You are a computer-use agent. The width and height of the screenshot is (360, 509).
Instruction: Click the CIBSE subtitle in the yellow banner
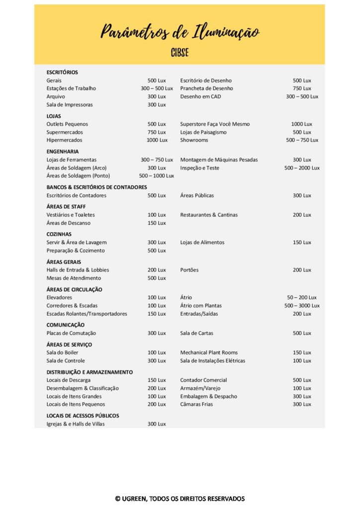coord(180,53)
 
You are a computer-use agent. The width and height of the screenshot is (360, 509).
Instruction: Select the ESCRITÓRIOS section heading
coord(62,73)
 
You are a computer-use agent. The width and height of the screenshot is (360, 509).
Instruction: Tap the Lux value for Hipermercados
coord(157,140)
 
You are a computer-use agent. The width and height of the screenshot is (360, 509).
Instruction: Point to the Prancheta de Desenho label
coord(206,88)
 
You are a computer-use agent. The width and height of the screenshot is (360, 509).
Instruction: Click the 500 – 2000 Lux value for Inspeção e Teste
coord(302,168)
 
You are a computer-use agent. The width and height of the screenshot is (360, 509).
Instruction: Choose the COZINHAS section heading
coord(59,234)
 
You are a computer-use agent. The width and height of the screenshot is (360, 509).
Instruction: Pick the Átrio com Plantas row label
coord(201,306)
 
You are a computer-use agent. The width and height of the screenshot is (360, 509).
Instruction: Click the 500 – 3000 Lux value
coord(302,306)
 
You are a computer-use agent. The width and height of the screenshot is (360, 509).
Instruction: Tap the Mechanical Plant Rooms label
coord(209,353)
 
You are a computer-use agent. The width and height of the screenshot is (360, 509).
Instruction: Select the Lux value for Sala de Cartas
coord(302,334)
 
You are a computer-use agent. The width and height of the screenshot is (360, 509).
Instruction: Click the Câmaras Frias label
coord(196,405)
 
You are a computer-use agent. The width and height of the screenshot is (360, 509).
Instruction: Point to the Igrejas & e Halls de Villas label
coord(76,424)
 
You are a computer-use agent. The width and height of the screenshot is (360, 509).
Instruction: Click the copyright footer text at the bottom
coord(180,499)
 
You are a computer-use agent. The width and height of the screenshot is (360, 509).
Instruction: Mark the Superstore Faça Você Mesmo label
coord(215,124)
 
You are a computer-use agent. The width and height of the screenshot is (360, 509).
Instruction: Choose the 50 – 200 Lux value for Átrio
coord(302,298)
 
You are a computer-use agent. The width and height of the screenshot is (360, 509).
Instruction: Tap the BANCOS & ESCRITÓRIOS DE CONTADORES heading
coord(96,187)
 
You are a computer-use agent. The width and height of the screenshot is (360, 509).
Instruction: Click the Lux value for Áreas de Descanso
coord(157,223)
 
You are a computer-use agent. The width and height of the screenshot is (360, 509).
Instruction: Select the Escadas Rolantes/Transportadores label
coord(87,314)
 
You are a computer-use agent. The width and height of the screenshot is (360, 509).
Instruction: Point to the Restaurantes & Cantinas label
coord(209,215)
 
